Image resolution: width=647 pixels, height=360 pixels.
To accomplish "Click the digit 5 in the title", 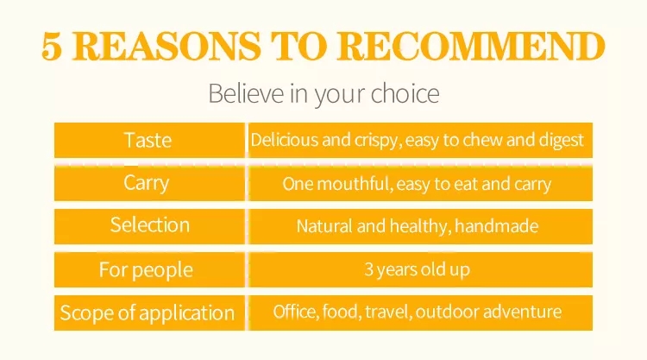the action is pyautogui.click(x=52, y=47).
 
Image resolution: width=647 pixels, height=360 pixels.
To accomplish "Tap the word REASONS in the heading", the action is pyautogui.click(x=166, y=47).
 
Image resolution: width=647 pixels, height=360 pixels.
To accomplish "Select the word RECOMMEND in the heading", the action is pyautogui.click(x=471, y=47).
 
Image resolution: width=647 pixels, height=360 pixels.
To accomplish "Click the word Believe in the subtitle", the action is pyautogui.click(x=246, y=93).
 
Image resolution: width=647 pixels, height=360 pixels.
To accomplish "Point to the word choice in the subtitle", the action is pyautogui.click(x=405, y=93).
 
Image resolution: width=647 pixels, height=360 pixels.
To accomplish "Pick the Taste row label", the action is pyautogui.click(x=148, y=141).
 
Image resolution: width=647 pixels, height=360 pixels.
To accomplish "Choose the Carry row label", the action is pyautogui.click(x=147, y=183).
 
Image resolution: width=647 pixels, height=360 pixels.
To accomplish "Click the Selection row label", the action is pyautogui.click(x=150, y=225).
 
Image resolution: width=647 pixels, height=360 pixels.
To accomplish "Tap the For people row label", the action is pyautogui.click(x=146, y=270).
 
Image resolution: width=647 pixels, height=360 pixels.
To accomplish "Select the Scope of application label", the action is pyautogui.click(x=148, y=313).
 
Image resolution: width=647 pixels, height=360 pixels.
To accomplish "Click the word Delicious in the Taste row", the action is pyautogui.click(x=285, y=140).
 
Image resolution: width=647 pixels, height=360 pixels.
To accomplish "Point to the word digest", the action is pyautogui.click(x=562, y=141).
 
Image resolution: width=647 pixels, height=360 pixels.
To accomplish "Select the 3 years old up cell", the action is pyautogui.click(x=418, y=269).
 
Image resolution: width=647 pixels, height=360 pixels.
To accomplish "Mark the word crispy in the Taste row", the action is pyautogui.click(x=378, y=141).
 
